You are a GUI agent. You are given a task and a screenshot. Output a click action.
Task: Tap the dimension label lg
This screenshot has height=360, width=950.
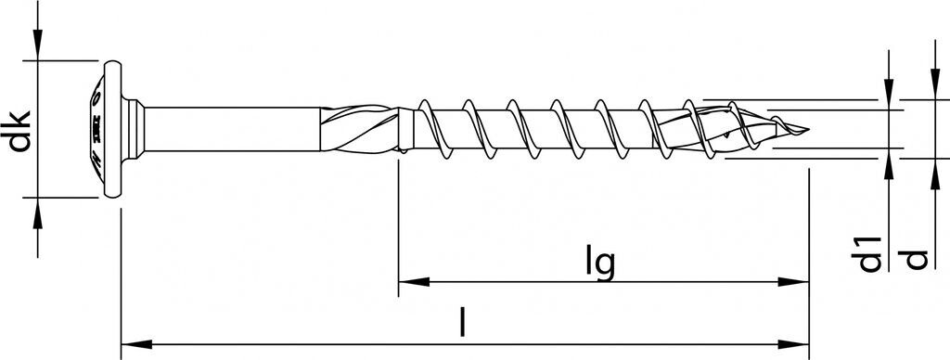[x=600, y=263]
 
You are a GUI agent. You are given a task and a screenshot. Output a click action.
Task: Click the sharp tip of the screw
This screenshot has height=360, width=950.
[x=807, y=129]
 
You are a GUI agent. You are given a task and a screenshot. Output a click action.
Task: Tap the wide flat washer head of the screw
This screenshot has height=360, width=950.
[x=112, y=129]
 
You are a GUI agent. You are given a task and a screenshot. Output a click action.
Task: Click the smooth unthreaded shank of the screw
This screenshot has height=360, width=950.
[x=232, y=129]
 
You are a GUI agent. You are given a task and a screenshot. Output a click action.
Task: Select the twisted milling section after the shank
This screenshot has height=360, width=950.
[x=359, y=129]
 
